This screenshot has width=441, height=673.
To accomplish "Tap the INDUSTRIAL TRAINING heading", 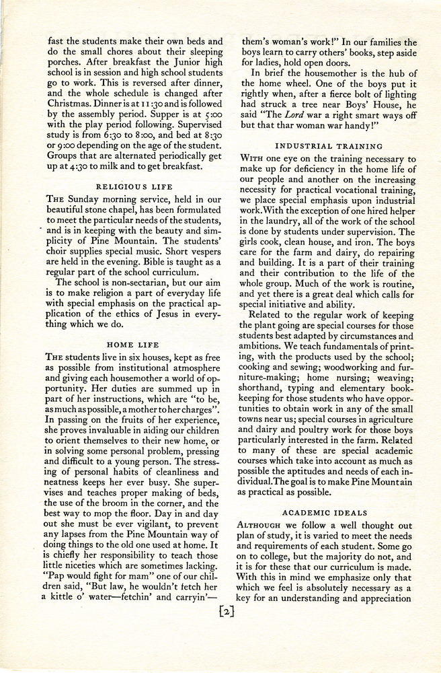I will pos(329,145).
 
